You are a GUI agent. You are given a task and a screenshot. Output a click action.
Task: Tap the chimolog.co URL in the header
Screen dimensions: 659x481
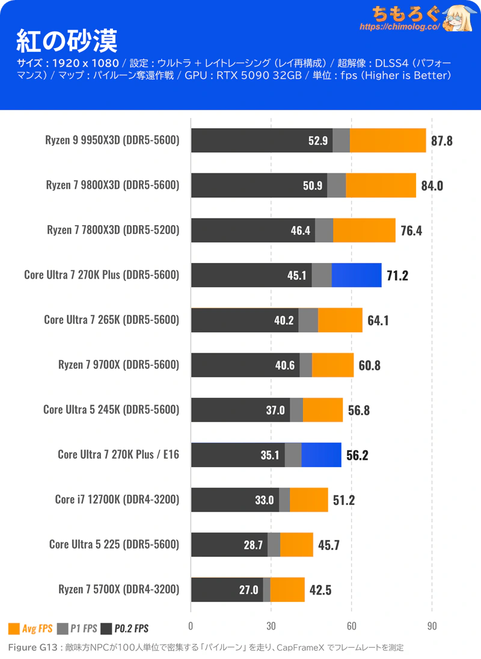(400, 27)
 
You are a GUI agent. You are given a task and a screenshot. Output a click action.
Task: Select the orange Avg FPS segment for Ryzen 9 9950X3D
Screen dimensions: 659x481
(387, 141)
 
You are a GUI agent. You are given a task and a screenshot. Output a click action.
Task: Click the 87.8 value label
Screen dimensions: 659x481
(442, 141)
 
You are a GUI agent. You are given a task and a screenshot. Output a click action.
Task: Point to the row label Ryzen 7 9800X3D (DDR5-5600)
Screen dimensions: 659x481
(112, 185)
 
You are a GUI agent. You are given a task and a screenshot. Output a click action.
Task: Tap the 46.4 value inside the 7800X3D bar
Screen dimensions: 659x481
(300, 230)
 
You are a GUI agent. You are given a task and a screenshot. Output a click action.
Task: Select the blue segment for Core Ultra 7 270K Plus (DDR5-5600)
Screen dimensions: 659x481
(356, 276)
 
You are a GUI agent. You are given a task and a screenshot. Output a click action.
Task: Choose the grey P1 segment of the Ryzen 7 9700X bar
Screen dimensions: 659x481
(305, 365)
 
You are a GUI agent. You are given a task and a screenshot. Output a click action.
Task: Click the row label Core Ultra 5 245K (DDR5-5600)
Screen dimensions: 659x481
(111, 410)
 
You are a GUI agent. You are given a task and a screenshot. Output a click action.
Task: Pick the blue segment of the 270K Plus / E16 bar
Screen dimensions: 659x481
(321, 455)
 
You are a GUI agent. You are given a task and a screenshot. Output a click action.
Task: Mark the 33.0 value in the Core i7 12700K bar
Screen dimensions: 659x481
(264, 500)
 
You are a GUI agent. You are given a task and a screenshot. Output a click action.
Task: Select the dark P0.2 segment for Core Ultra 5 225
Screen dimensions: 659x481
(229, 545)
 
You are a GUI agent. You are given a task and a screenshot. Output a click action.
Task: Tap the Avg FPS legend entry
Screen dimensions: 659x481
(30, 629)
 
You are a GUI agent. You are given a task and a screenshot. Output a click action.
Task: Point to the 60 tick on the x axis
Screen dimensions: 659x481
(352, 625)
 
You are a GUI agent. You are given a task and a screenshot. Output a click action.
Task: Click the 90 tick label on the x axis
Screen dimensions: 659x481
(432, 625)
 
